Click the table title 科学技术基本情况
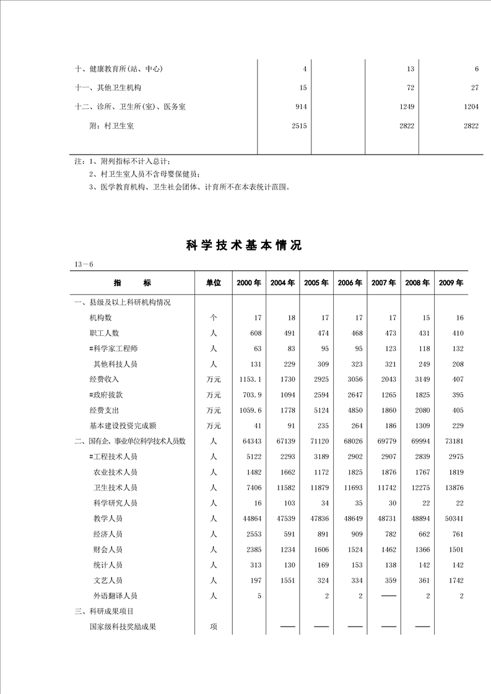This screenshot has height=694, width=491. pyautogui.click(x=244, y=246)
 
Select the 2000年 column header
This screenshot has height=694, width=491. pyautogui.click(x=249, y=283)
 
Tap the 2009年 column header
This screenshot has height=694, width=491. pyautogui.click(x=451, y=283)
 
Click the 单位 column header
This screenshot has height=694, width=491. pyautogui.click(x=214, y=283)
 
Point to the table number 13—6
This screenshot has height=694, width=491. pyautogui.click(x=84, y=265)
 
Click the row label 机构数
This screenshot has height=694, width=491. pyautogui.click(x=101, y=318)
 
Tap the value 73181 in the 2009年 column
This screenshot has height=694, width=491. pyautogui.click(x=454, y=442)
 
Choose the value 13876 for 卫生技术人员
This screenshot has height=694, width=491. pyautogui.click(x=454, y=488)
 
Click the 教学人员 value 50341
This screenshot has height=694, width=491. pyautogui.click(x=454, y=519)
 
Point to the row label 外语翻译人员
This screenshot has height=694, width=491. pyautogui.click(x=115, y=596)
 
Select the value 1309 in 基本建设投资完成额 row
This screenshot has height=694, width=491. pyautogui.click(x=420, y=426)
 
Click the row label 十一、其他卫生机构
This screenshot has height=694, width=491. pyautogui.click(x=108, y=88)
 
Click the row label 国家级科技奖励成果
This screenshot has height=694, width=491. pyautogui.click(x=123, y=627)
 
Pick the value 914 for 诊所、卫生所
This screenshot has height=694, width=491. pyautogui.click(x=301, y=107)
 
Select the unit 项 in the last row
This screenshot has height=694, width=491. pyautogui.click(x=214, y=627)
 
